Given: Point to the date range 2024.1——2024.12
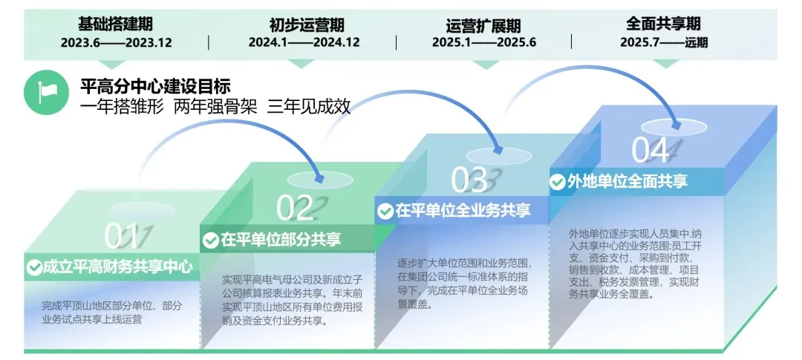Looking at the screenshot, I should [304, 42].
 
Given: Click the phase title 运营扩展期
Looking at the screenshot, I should [483, 24].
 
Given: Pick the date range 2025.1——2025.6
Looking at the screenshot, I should [484, 42].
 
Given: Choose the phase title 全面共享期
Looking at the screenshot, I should [664, 24].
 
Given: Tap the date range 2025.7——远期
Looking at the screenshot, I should [664, 42].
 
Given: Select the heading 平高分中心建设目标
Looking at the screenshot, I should [156, 86].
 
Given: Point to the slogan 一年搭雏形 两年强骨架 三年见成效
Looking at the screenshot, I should [215, 106].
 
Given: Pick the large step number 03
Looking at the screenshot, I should [470, 180].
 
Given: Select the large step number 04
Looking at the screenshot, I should [651, 150].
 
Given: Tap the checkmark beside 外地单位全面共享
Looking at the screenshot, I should [558, 182].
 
